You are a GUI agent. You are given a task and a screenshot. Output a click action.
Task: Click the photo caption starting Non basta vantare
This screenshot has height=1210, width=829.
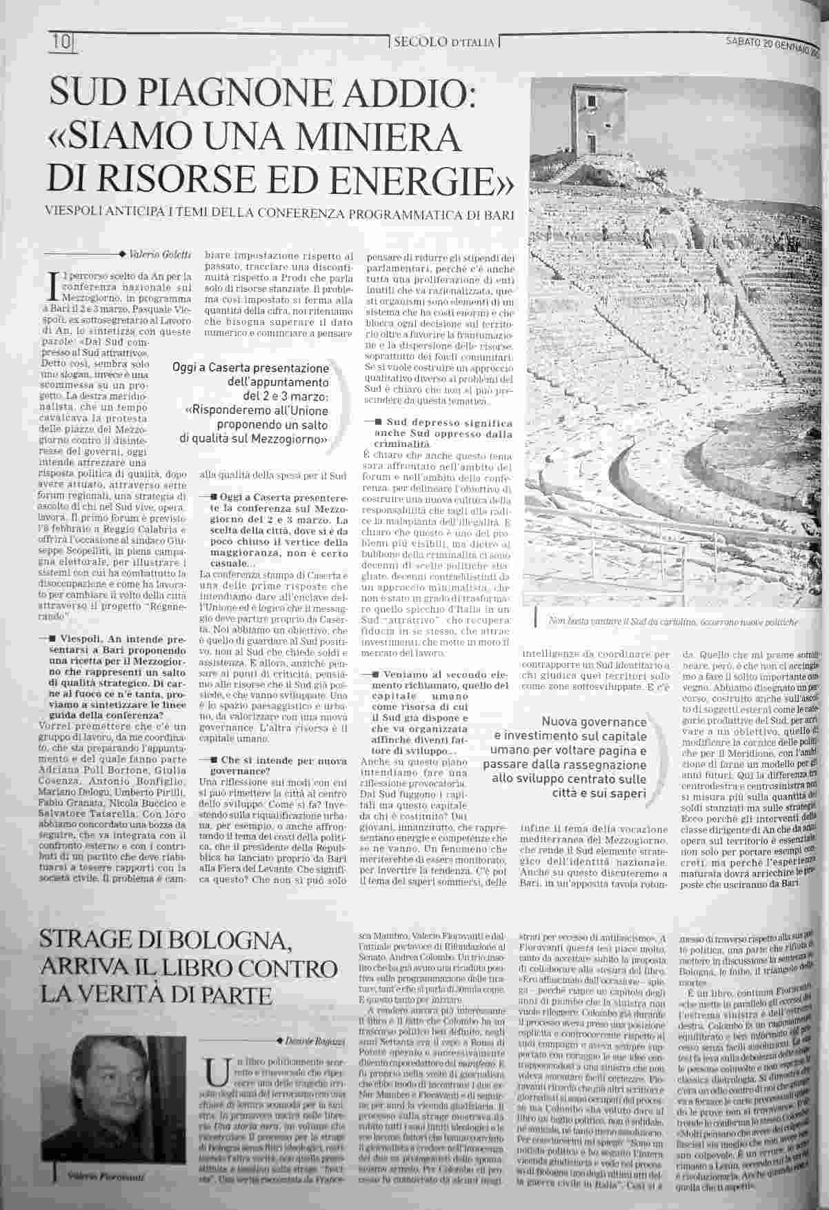673,622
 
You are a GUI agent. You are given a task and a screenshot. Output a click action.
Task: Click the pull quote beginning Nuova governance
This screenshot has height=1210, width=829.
567,757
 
